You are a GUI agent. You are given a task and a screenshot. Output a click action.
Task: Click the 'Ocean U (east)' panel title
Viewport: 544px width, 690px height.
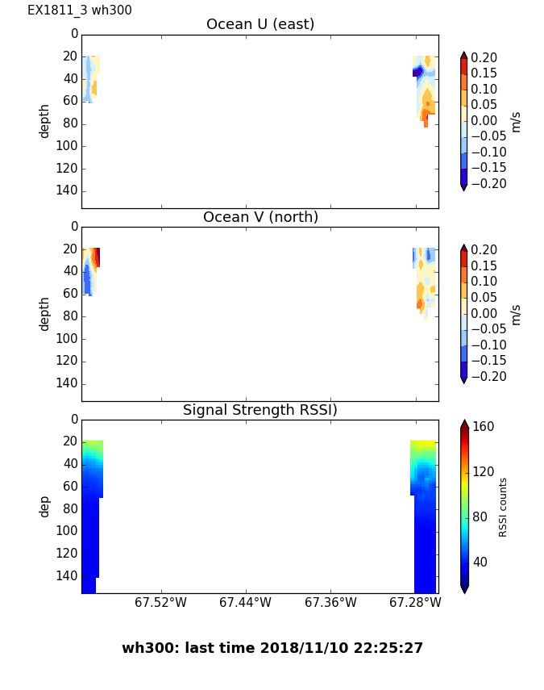(x=260, y=24)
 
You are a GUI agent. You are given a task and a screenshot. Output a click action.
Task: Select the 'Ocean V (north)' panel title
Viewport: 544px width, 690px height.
(x=260, y=217)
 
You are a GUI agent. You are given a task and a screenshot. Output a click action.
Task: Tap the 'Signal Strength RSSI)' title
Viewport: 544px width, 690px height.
(x=260, y=410)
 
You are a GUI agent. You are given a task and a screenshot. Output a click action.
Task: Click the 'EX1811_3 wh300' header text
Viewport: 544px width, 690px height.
(x=80, y=10)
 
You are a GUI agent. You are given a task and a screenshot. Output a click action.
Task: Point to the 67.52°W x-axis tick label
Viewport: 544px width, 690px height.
(x=160, y=602)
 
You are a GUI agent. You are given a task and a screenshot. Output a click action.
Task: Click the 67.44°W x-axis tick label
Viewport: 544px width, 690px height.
(x=246, y=602)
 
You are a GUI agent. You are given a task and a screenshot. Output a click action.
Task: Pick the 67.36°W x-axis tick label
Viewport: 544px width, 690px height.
(x=330, y=602)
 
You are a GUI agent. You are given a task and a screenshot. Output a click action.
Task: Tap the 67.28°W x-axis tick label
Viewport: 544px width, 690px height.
(x=415, y=602)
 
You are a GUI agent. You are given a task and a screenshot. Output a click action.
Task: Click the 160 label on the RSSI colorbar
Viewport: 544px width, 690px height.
(x=484, y=427)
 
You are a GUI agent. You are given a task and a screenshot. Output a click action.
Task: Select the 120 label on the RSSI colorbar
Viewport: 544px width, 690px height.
(x=484, y=472)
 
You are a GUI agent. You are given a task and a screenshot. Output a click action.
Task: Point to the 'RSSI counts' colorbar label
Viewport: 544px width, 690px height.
(x=503, y=507)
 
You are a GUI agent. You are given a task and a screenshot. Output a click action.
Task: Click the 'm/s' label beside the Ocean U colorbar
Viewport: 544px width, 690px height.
(x=516, y=121)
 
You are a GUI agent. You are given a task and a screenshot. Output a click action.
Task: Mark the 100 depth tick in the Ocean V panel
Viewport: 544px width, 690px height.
(x=69, y=338)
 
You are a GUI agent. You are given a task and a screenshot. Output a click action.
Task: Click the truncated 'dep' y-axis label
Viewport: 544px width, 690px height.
(x=44, y=506)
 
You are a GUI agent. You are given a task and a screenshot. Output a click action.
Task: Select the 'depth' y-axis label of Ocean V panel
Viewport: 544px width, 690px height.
(x=44, y=313)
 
